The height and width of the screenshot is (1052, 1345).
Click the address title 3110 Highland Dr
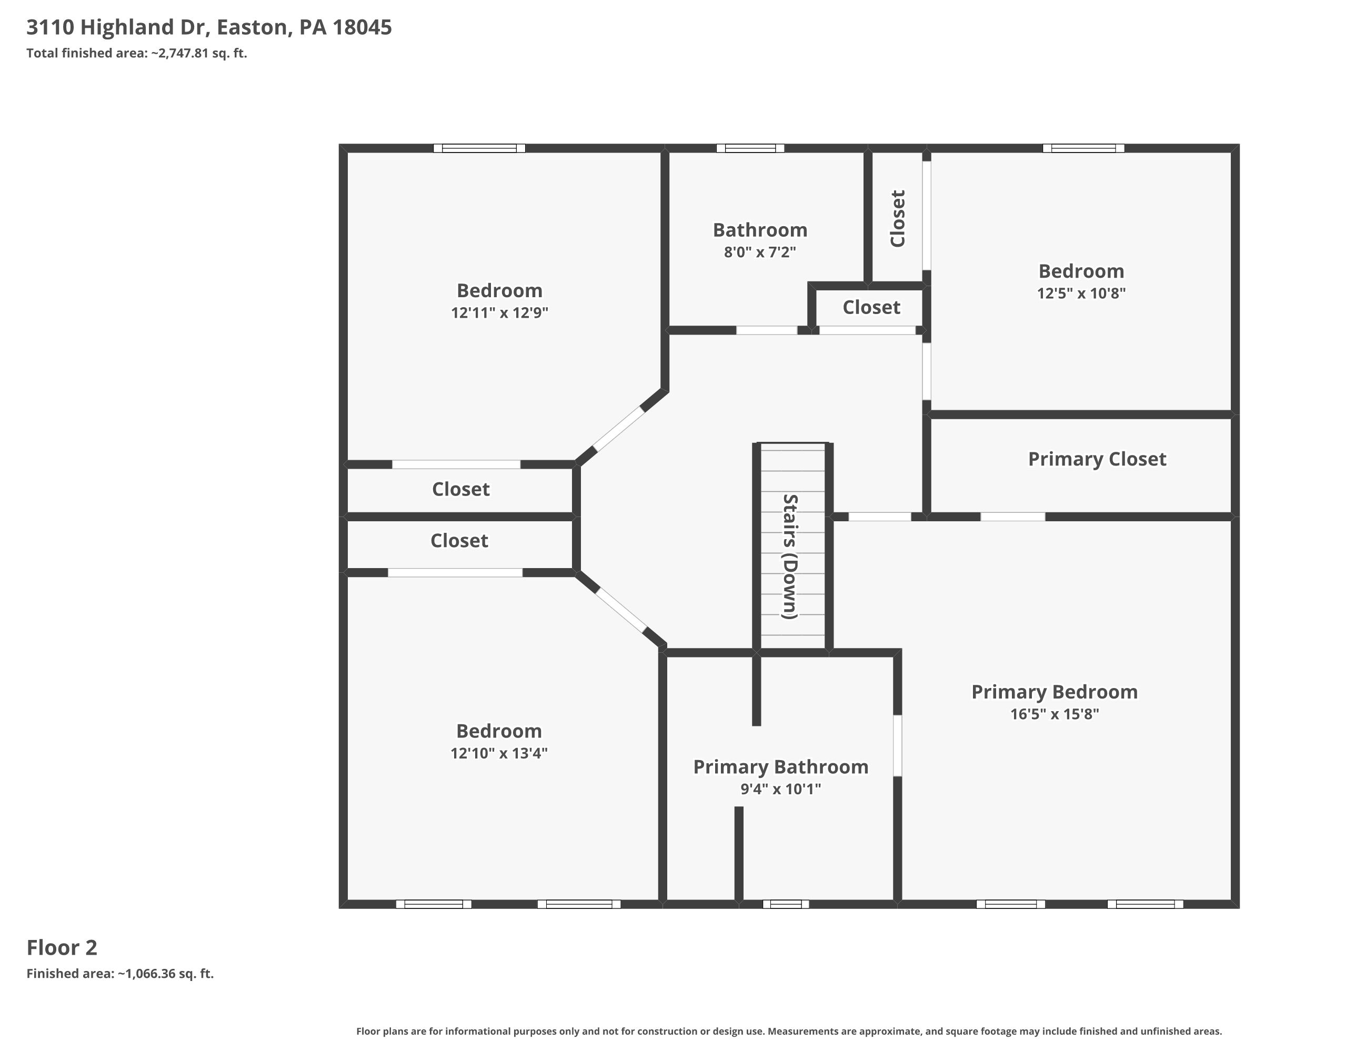point(209,27)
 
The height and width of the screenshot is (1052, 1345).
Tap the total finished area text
point(137,54)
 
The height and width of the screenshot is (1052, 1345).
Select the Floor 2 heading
point(62,947)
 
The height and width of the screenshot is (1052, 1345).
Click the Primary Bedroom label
point(1054,692)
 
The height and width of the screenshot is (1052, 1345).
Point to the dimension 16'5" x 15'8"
point(1054,714)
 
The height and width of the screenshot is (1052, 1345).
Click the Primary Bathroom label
point(780,767)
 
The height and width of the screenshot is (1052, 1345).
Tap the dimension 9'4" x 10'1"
point(780,789)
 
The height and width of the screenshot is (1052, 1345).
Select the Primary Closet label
point(1097,459)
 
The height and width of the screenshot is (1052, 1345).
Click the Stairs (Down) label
point(790,556)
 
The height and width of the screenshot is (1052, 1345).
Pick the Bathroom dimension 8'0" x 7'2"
point(760,252)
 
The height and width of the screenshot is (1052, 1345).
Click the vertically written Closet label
point(898,219)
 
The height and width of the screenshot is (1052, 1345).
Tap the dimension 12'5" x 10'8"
point(1081,293)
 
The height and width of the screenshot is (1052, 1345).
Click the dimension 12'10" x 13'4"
point(498,753)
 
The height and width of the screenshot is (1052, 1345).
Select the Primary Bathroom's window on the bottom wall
point(786,904)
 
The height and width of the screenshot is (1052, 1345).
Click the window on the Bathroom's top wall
point(750,148)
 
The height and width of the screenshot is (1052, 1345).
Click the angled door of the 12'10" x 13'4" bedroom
point(621,610)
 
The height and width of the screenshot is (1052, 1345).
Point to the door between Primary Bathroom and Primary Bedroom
point(898,745)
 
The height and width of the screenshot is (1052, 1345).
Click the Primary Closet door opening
point(1012,517)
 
